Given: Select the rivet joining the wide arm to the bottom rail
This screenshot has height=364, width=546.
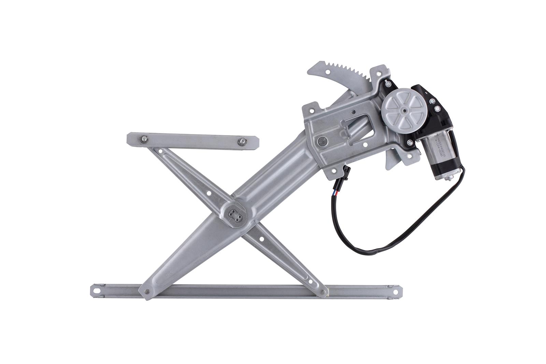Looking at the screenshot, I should coord(147,291).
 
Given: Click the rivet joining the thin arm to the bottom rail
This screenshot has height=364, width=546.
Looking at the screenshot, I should coord(323,292).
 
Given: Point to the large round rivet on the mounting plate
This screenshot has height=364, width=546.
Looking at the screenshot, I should coord(322,140).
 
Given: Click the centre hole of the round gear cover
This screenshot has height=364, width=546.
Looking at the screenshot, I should coord(404,110).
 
